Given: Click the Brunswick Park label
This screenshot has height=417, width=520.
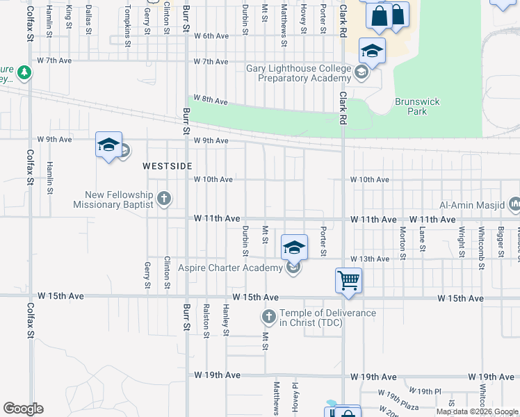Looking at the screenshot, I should tap(417, 106).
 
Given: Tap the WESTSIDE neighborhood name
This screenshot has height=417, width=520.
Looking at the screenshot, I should tap(167, 166).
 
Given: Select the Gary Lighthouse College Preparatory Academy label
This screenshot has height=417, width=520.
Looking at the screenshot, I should tap(300, 73).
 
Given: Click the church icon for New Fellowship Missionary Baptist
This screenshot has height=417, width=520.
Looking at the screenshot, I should tap(163, 199).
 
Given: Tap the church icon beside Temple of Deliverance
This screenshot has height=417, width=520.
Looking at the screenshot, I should tap(269, 318).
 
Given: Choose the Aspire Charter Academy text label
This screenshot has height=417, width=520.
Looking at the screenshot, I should tap(230, 268).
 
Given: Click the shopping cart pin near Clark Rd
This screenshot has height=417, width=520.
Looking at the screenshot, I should tap(348, 281).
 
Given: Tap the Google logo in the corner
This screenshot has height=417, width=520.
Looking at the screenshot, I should tap(22, 409).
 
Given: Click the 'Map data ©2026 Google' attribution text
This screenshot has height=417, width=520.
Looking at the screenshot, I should tap(477, 411).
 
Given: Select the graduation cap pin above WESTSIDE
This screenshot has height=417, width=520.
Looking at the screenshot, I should tap(108, 145).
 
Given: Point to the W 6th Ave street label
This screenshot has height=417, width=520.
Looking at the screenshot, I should tap(211, 35).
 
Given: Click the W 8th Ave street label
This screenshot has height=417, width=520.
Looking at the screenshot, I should tap(211, 101).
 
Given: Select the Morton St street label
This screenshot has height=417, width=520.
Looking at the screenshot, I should tap(403, 241).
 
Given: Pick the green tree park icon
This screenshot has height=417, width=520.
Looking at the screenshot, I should tap(24, 72).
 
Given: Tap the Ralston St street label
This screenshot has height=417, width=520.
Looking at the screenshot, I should tap(206, 320).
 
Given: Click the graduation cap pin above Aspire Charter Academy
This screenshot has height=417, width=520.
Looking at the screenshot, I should tap(294, 247).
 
